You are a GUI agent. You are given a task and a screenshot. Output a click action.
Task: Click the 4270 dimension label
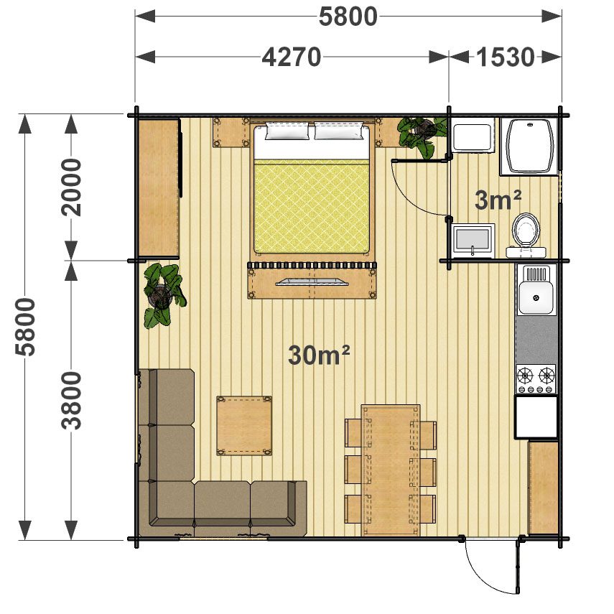click(292, 57)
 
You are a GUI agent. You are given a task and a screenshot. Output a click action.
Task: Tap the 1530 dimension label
click(505, 57)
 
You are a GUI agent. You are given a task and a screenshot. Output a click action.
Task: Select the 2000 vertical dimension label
click(72, 187)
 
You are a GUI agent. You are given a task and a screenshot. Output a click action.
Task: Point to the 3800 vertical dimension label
click(72, 401)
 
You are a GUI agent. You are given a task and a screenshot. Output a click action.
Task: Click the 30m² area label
click(319, 355)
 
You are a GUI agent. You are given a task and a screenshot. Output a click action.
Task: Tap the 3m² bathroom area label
click(498, 200)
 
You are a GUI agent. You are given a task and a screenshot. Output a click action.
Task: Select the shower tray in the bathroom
click(529, 146)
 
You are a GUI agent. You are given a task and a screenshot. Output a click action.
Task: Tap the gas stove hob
click(536, 379)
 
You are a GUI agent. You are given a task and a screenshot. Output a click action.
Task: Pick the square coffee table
click(244, 426)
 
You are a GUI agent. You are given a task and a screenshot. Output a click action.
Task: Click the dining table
click(391, 470)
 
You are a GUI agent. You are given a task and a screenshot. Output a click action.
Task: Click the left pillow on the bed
click(287, 131)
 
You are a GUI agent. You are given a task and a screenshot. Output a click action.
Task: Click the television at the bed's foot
click(312, 282)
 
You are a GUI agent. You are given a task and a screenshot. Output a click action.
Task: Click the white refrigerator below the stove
click(536, 417)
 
